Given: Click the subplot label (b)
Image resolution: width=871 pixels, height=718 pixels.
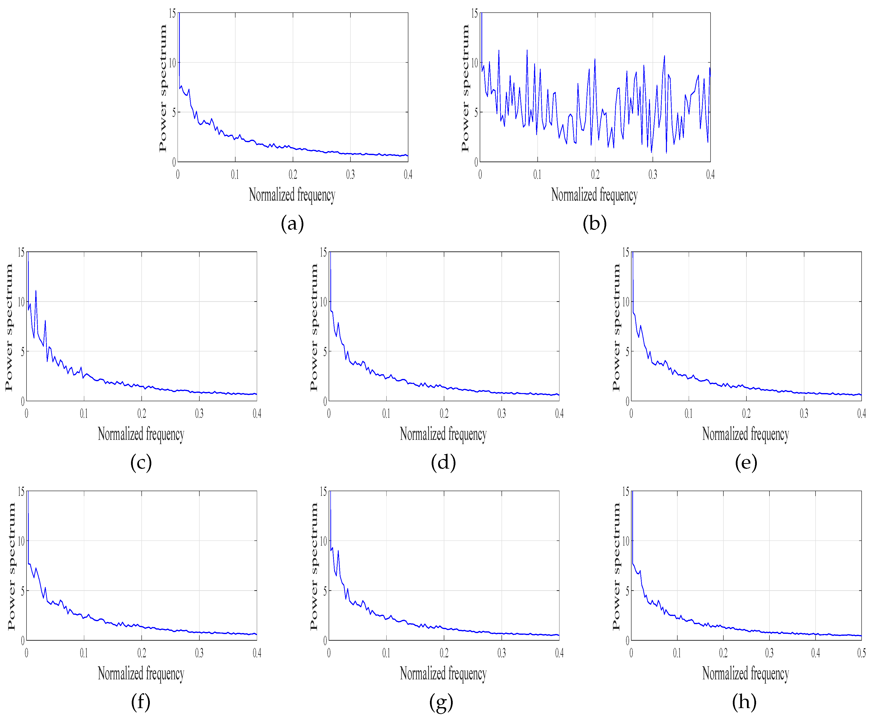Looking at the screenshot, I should (x=594, y=223).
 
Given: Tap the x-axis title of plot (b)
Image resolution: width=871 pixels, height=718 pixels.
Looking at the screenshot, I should (x=594, y=195).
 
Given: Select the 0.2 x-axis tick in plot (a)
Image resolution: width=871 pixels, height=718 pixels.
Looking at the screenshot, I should (x=293, y=175).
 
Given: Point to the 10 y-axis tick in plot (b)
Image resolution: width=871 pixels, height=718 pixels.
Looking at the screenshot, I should (x=474, y=63).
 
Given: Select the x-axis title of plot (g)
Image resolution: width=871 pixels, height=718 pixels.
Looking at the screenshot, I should (x=443, y=673).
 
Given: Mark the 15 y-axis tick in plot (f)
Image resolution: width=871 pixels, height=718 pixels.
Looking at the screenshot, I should (x=21, y=492).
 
